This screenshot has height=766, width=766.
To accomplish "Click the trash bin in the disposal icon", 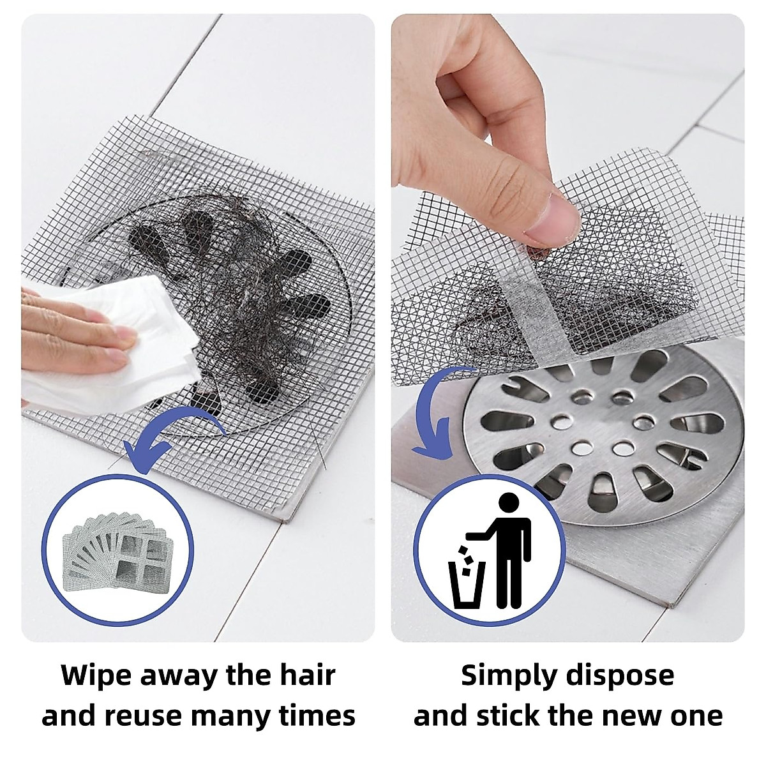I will pos(467,583).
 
